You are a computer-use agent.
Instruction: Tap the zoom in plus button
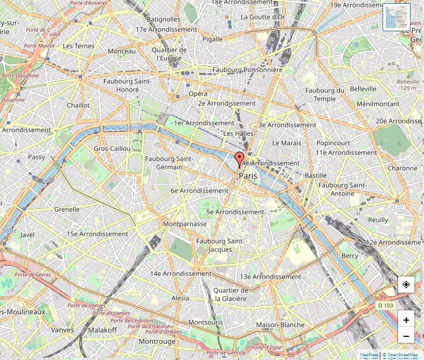point(406,320)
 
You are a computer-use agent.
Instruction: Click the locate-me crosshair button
point(406,284)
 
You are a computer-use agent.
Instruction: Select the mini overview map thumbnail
point(397,17)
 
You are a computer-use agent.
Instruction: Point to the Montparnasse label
point(184,224)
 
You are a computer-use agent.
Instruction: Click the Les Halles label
point(238,133)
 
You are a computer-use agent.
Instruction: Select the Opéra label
point(198,94)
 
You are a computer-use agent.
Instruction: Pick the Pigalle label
point(212,39)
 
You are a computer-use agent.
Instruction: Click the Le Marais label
point(287,143)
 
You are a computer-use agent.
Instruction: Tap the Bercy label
point(350,255)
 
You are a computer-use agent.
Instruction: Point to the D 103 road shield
point(386,306)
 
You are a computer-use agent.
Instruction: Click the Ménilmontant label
point(378,103)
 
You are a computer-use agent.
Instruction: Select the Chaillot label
point(79,105)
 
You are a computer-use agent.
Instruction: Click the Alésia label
point(180,297)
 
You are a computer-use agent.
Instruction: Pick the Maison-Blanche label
point(280,324)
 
